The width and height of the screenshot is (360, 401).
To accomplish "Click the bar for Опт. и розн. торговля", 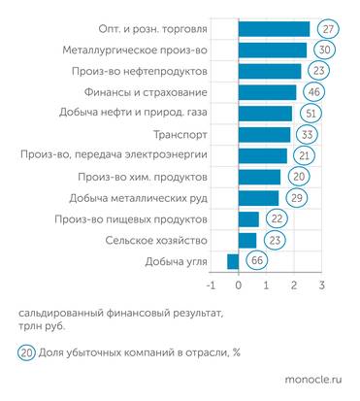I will click(275, 29).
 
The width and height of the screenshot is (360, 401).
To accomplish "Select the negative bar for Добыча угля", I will click(233, 260).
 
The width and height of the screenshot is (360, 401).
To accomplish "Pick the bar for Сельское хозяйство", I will click(247, 239).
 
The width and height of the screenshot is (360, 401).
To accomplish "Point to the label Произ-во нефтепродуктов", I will click(147, 71).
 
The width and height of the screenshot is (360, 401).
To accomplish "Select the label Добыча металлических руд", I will click(147, 197).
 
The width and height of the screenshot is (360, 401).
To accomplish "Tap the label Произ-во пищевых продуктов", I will click(145, 218).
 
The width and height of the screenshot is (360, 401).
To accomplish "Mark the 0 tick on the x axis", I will click(239, 286).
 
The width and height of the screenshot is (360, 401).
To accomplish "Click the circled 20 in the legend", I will click(27, 351).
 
